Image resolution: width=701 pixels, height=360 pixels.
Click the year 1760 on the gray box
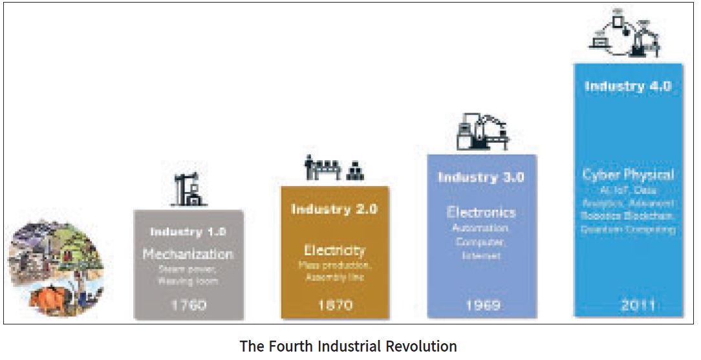click(188, 304)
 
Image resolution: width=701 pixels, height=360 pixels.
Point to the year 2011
click(628, 304)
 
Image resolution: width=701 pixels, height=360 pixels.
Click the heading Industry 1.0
click(188, 231)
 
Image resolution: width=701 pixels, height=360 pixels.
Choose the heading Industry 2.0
click(334, 209)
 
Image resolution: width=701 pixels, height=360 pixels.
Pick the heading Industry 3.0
click(481, 177)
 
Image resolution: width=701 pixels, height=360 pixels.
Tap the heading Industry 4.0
click(628, 86)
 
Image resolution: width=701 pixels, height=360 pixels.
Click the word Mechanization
click(188, 254)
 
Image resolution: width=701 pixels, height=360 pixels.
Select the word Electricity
click(334, 250)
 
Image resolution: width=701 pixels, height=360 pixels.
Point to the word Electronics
click(481, 212)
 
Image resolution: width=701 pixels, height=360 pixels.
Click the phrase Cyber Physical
click(628, 175)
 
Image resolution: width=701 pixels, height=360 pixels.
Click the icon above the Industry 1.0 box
click(188, 190)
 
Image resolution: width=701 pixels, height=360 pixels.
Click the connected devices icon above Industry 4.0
click(628, 36)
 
